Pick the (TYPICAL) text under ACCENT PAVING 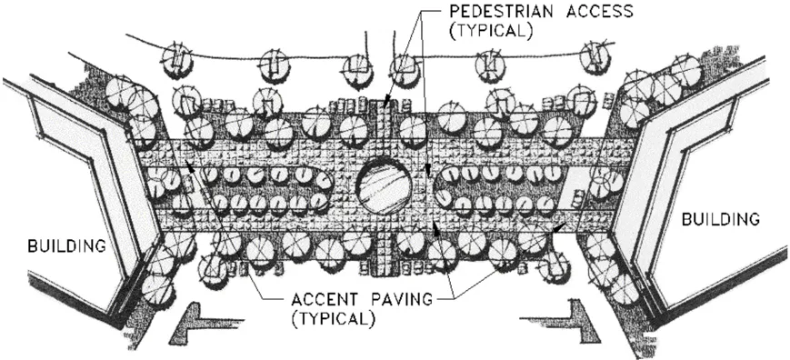tap(333, 319)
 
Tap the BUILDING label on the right tap(720, 218)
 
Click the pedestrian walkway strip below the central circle tap(385, 255)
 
